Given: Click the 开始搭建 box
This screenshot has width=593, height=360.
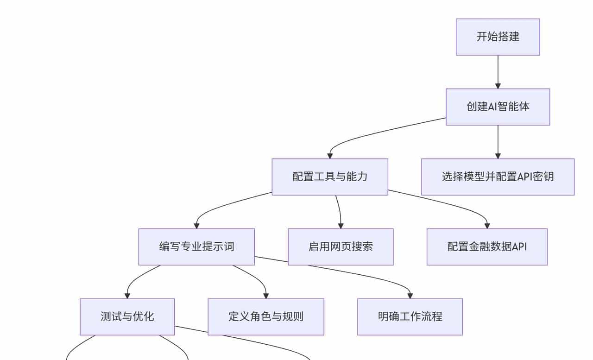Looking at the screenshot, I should (498, 37).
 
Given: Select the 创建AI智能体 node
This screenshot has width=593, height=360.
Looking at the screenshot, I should (498, 107).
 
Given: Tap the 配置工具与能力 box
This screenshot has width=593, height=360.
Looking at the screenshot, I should (329, 177).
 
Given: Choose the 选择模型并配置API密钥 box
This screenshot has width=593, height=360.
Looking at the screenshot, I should (498, 177).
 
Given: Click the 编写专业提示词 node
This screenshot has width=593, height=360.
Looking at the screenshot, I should (196, 247).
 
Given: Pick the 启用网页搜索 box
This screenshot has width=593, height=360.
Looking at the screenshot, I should (341, 247).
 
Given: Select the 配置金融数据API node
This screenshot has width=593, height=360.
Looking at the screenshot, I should (487, 247).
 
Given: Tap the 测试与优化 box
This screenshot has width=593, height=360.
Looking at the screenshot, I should (127, 317).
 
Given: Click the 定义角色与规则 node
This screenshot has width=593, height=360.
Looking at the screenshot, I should (265, 317).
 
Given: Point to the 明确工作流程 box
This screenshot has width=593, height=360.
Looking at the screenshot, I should (410, 317).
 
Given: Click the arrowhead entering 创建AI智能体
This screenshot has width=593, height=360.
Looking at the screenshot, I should (498, 86).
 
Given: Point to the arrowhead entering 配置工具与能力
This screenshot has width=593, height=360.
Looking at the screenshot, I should (330, 156).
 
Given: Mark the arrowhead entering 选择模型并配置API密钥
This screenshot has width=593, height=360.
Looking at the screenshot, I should (498, 156).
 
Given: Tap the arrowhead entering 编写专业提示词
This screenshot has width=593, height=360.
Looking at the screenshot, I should (196, 226).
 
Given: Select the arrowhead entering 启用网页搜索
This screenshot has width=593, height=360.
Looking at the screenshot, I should (341, 226).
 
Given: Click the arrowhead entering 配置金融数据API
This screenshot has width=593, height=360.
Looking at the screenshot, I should (487, 226).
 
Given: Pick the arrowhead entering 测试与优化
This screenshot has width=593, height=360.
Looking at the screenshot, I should (127, 296).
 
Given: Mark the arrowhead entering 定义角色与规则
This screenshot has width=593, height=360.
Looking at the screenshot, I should (266, 296).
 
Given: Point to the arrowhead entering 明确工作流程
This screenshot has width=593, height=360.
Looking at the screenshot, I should (410, 296).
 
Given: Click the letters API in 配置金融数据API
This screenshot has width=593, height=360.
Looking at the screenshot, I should (519, 247).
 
